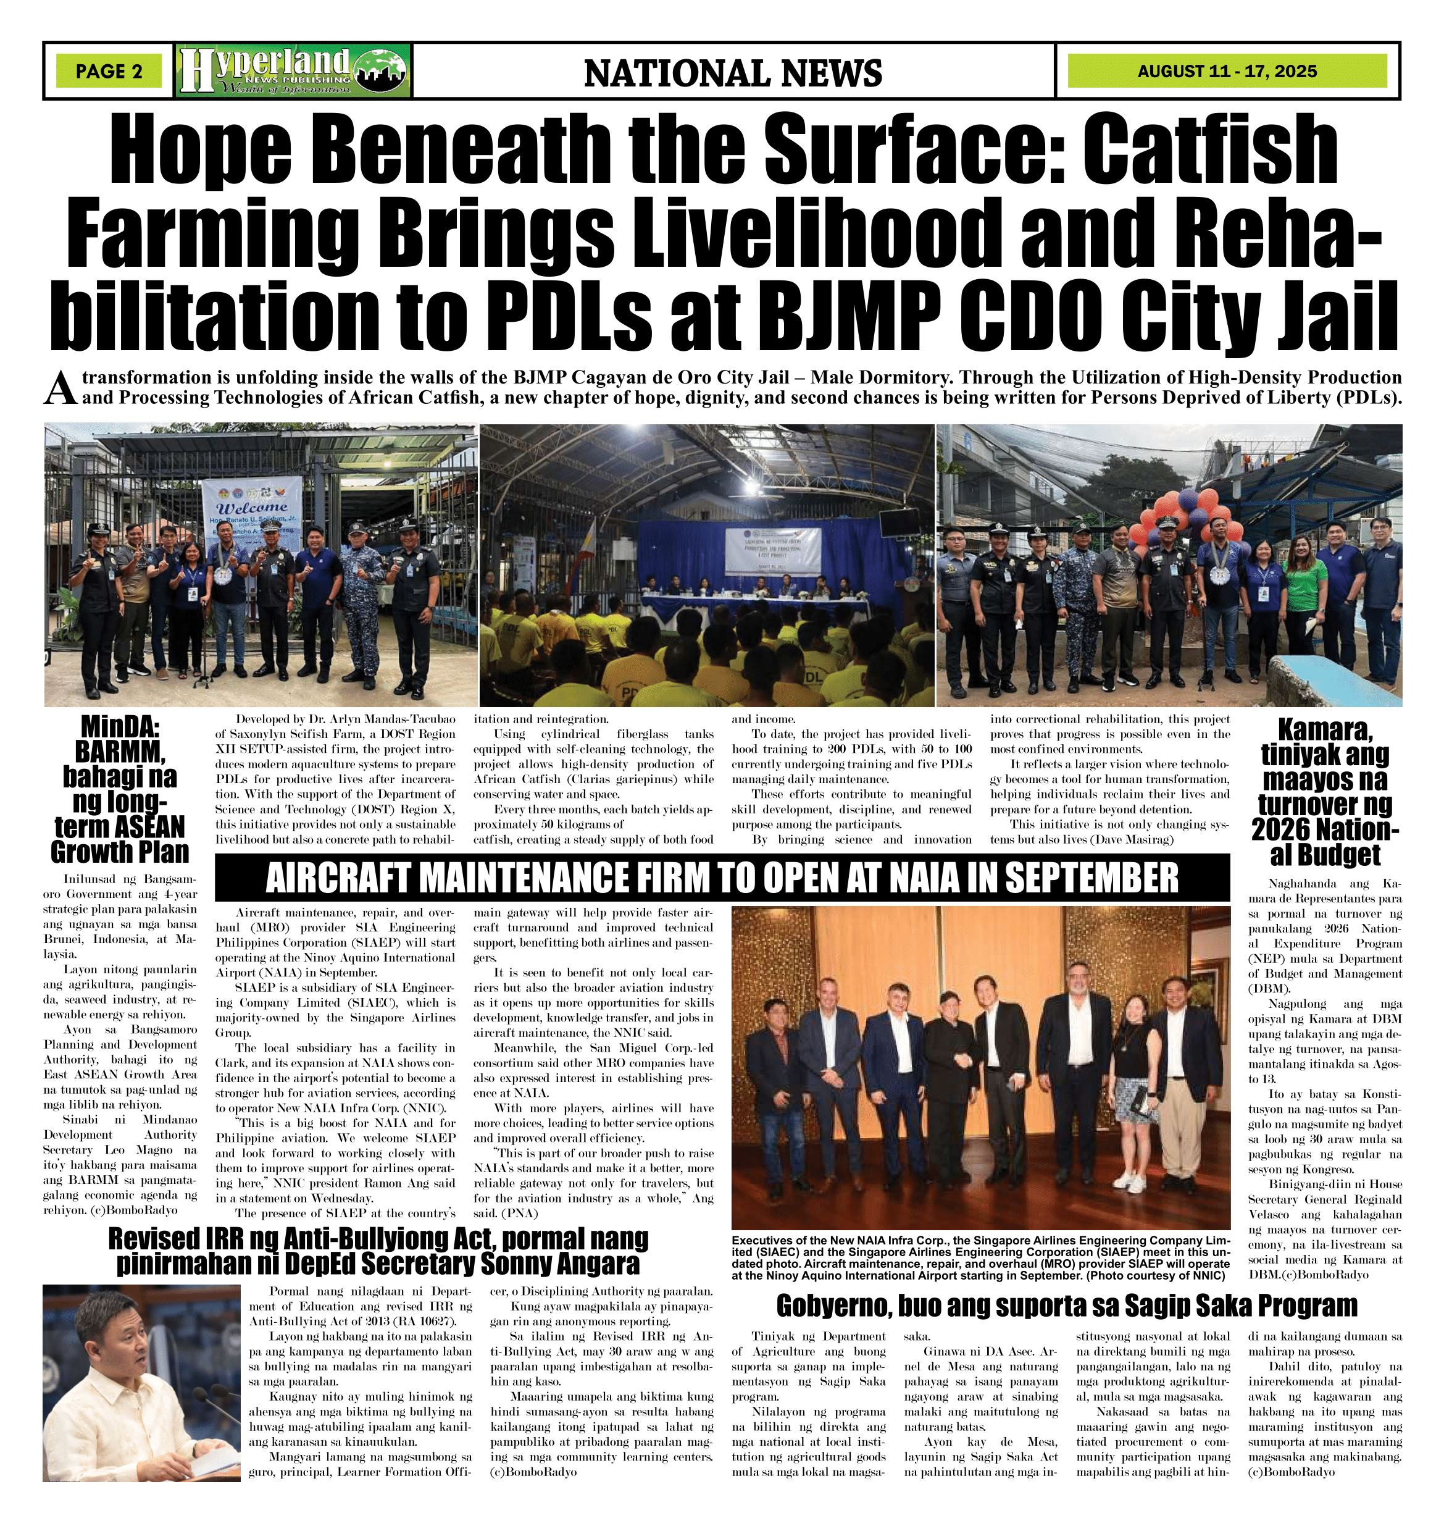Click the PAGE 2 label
point(109,72)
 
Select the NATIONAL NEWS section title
point(733,73)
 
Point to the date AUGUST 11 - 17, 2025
point(1227,72)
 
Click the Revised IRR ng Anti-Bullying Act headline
point(378,1253)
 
